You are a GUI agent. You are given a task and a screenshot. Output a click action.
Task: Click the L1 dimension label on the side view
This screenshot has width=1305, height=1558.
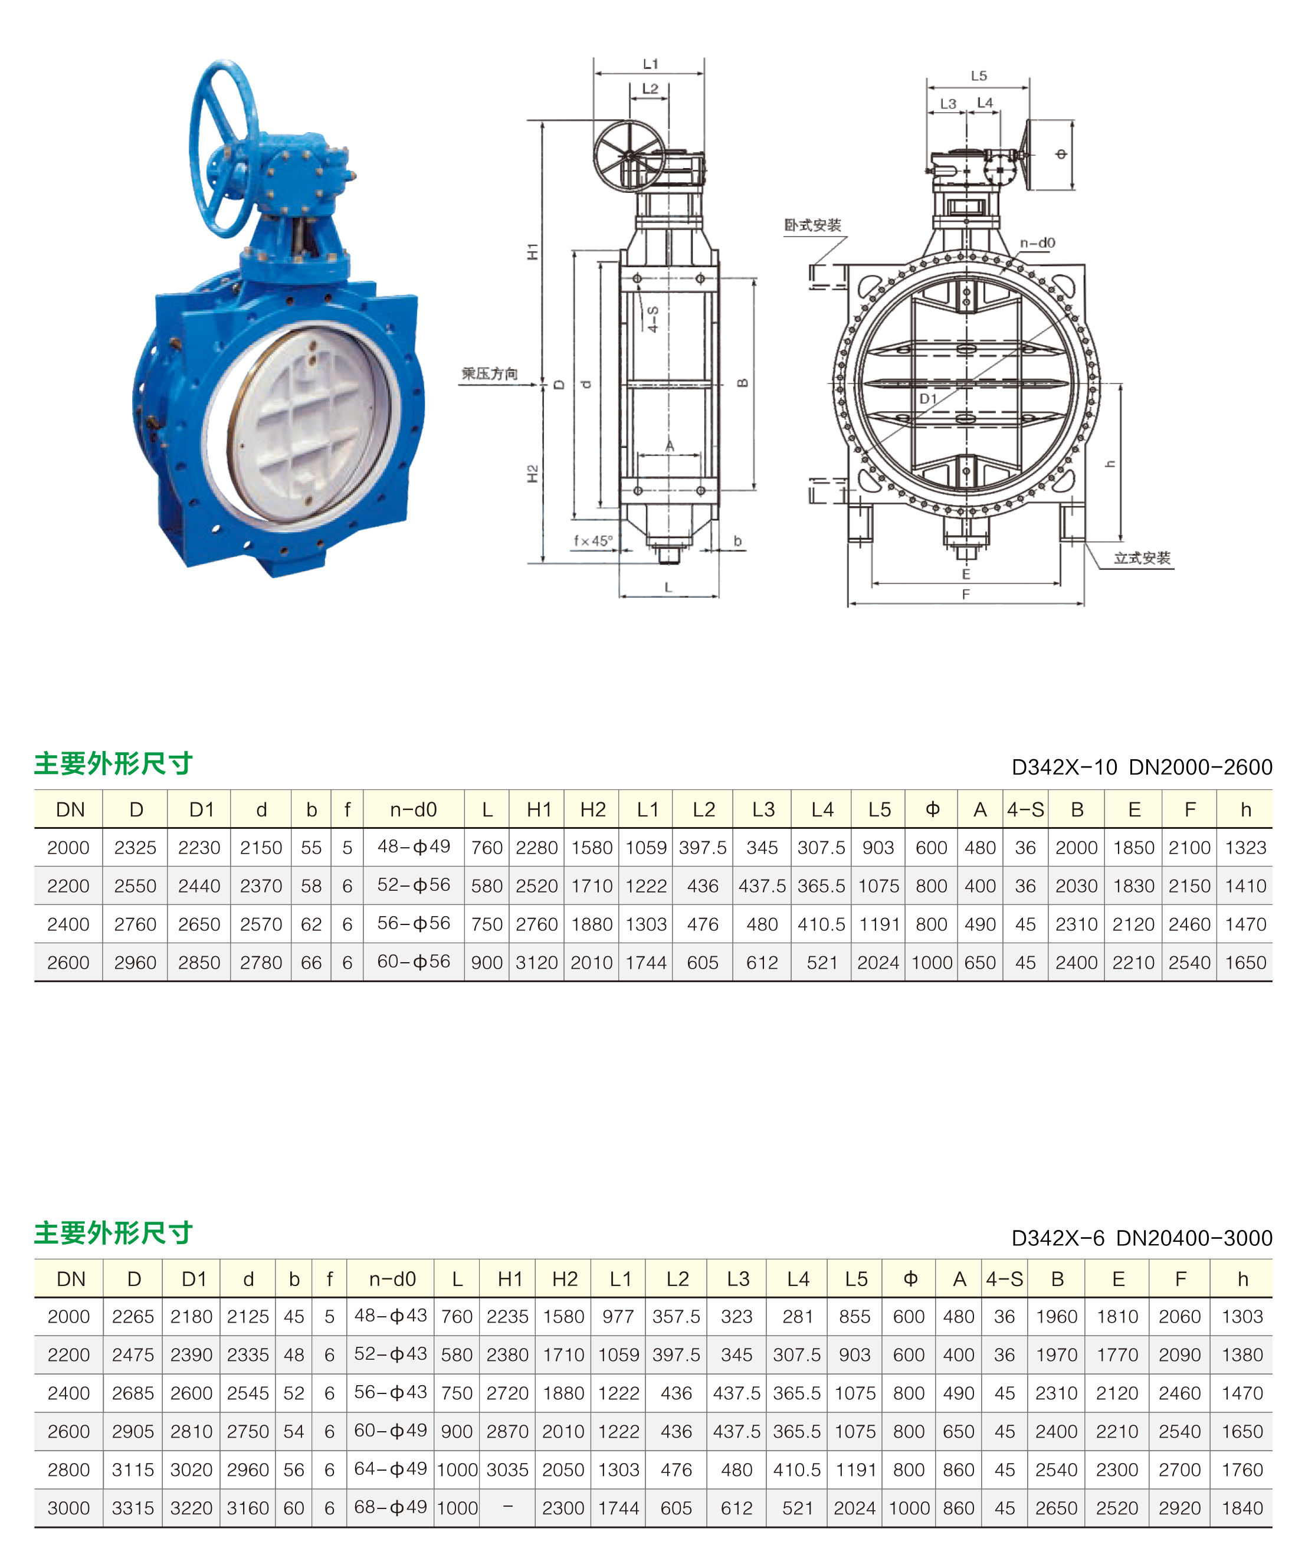click(650, 64)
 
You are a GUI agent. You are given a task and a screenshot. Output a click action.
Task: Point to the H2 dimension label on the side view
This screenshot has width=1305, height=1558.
click(533, 473)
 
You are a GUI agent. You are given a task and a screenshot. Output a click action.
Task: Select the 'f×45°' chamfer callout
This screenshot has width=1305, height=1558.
click(593, 541)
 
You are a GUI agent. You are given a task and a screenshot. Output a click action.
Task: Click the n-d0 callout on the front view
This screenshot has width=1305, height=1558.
click(1037, 242)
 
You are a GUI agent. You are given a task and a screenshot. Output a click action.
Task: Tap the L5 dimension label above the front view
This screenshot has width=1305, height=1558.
click(979, 76)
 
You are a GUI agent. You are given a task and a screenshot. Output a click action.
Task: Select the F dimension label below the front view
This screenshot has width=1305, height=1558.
click(965, 594)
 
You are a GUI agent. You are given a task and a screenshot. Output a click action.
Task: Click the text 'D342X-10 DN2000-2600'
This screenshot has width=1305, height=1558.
click(1141, 767)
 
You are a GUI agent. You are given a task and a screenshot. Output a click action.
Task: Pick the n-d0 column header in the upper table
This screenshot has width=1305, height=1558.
click(413, 809)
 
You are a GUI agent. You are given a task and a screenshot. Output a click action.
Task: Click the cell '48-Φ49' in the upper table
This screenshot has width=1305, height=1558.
click(413, 847)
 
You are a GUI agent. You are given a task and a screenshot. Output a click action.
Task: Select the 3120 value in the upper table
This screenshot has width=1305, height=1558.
click(536, 962)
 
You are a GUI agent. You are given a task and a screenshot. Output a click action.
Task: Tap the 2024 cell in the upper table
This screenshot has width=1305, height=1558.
click(878, 962)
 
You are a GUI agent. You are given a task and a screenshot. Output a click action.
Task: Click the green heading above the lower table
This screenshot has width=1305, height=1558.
click(113, 1232)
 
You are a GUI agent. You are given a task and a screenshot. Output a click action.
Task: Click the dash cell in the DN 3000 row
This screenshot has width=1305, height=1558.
click(507, 1507)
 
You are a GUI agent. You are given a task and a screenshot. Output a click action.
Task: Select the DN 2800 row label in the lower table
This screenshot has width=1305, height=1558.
click(68, 1470)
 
